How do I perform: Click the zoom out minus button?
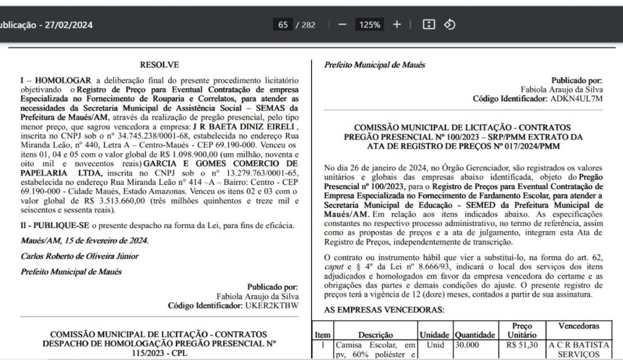[343, 25]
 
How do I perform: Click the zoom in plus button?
[397, 25]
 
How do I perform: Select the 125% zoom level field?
[370, 25]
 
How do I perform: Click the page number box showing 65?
[283, 25]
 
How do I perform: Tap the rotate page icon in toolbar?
[449, 25]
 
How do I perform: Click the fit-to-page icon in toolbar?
[428, 25]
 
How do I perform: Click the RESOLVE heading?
[159, 64]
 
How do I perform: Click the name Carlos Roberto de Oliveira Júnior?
[80, 256]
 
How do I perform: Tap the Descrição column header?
[375, 334]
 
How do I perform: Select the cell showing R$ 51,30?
[522, 344]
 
